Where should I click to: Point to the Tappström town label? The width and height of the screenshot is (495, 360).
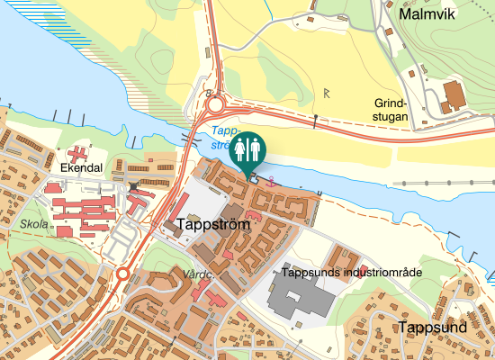214,223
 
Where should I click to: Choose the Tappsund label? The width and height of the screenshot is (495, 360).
434,327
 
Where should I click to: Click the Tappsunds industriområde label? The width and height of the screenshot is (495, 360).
346,272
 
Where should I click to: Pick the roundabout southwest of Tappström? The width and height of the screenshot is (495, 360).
122,274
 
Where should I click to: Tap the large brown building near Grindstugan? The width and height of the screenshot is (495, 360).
453,94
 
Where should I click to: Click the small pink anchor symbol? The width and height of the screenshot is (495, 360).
274,179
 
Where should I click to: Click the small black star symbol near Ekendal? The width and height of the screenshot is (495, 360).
134,186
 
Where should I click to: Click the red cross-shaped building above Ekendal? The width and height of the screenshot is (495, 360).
78,151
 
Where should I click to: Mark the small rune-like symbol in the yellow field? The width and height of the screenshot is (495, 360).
327,93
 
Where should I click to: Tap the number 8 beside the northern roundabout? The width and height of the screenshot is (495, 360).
208,92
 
